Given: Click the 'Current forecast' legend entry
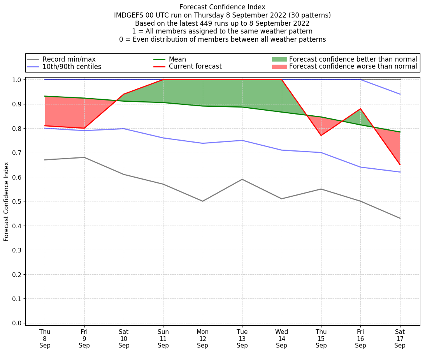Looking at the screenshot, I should coord(195,67).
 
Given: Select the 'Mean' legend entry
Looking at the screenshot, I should coord(177,59).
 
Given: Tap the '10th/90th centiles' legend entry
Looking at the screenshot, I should coord(72,67).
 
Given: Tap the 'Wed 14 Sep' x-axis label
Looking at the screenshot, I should coord(281,339).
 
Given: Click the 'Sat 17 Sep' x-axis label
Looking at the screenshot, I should coord(400,339).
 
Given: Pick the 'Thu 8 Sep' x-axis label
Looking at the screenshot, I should coord(45,339).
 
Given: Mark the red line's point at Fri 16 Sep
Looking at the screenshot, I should coord(360,109).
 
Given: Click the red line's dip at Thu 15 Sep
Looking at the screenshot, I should coord(321,136).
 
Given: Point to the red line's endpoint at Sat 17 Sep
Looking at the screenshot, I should coord(400,165).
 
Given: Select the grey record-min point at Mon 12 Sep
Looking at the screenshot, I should coord(203,201).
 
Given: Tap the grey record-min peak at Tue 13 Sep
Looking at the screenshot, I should coord(242,179).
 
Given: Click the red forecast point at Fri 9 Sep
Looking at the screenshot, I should coord(84,128).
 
